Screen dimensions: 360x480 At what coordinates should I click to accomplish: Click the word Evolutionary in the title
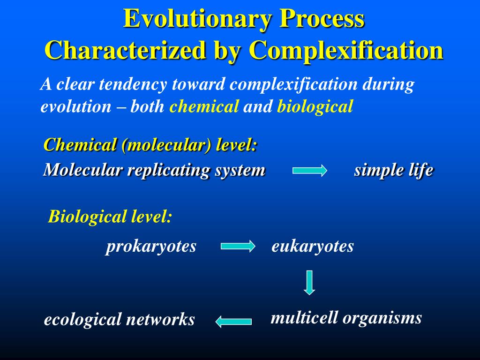[198, 19]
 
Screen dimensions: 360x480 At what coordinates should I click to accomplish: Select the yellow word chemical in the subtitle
[204, 107]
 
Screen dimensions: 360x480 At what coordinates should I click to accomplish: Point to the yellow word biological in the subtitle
[315, 107]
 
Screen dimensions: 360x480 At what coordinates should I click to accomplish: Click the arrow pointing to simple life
[310, 171]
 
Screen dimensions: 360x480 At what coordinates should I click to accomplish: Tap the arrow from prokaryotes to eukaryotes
[238, 246]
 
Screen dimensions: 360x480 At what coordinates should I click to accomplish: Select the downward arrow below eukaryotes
[309, 282]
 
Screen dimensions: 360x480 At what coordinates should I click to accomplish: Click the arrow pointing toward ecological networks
[233, 321]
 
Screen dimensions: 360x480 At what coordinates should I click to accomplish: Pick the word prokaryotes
[151, 247]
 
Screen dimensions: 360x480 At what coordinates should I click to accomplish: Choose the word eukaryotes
[313, 246]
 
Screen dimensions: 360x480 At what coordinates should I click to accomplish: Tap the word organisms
[382, 319]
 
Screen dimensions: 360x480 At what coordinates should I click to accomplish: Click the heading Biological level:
[110, 217]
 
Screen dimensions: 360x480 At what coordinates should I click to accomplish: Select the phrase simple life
[393, 170]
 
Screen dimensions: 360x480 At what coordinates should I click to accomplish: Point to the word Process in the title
[322, 19]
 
